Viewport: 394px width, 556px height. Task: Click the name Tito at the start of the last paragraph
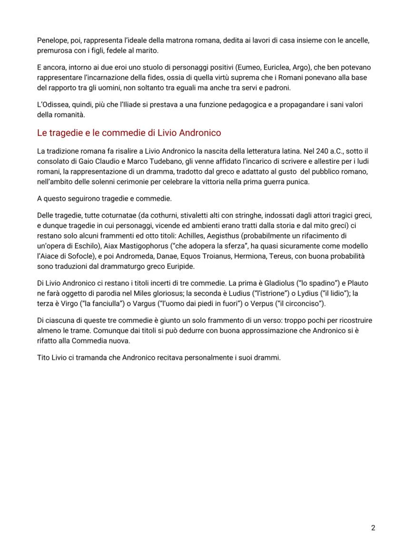[x=44, y=358]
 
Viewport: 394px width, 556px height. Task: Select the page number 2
[x=373, y=528]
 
